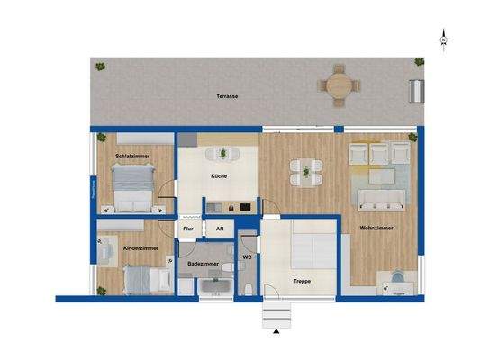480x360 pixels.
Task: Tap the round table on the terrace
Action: pos(340,84)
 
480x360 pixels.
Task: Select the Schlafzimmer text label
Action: pos(132,157)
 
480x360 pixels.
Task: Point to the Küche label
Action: pos(219,176)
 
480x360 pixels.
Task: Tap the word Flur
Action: pos(188,229)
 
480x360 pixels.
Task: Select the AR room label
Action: pos(220,229)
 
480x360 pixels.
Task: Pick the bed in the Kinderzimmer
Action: pos(144,279)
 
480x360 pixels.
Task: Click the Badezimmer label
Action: pos(203,264)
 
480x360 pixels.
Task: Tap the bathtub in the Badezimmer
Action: pos(214,287)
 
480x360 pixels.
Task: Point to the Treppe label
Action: pos(303,281)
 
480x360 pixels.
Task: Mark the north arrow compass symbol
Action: pos(444,40)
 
